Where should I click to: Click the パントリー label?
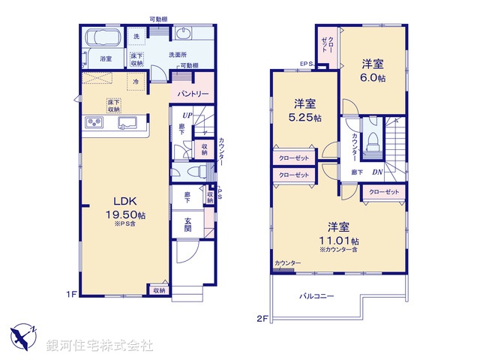(193, 94)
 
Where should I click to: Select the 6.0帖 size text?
(374, 78)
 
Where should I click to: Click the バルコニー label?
(318, 296)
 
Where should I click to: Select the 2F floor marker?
(262, 318)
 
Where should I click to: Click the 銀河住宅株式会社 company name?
(100, 346)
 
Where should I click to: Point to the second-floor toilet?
(373, 142)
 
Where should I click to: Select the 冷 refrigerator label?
(136, 81)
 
